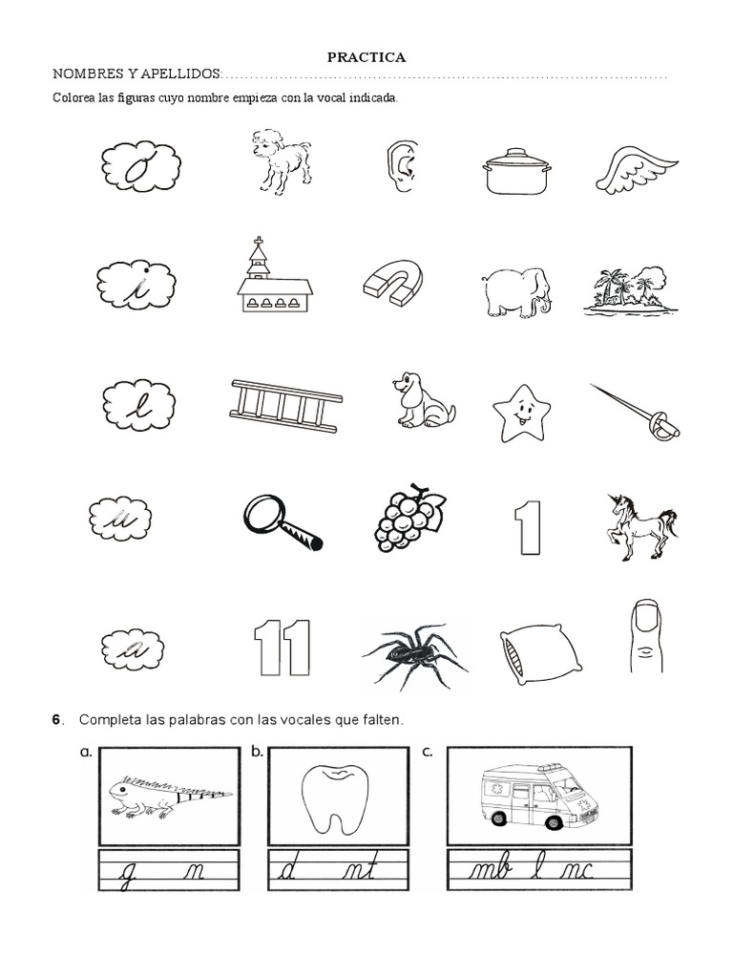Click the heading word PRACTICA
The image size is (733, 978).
(366, 57)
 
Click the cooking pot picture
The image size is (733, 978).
(516, 171)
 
